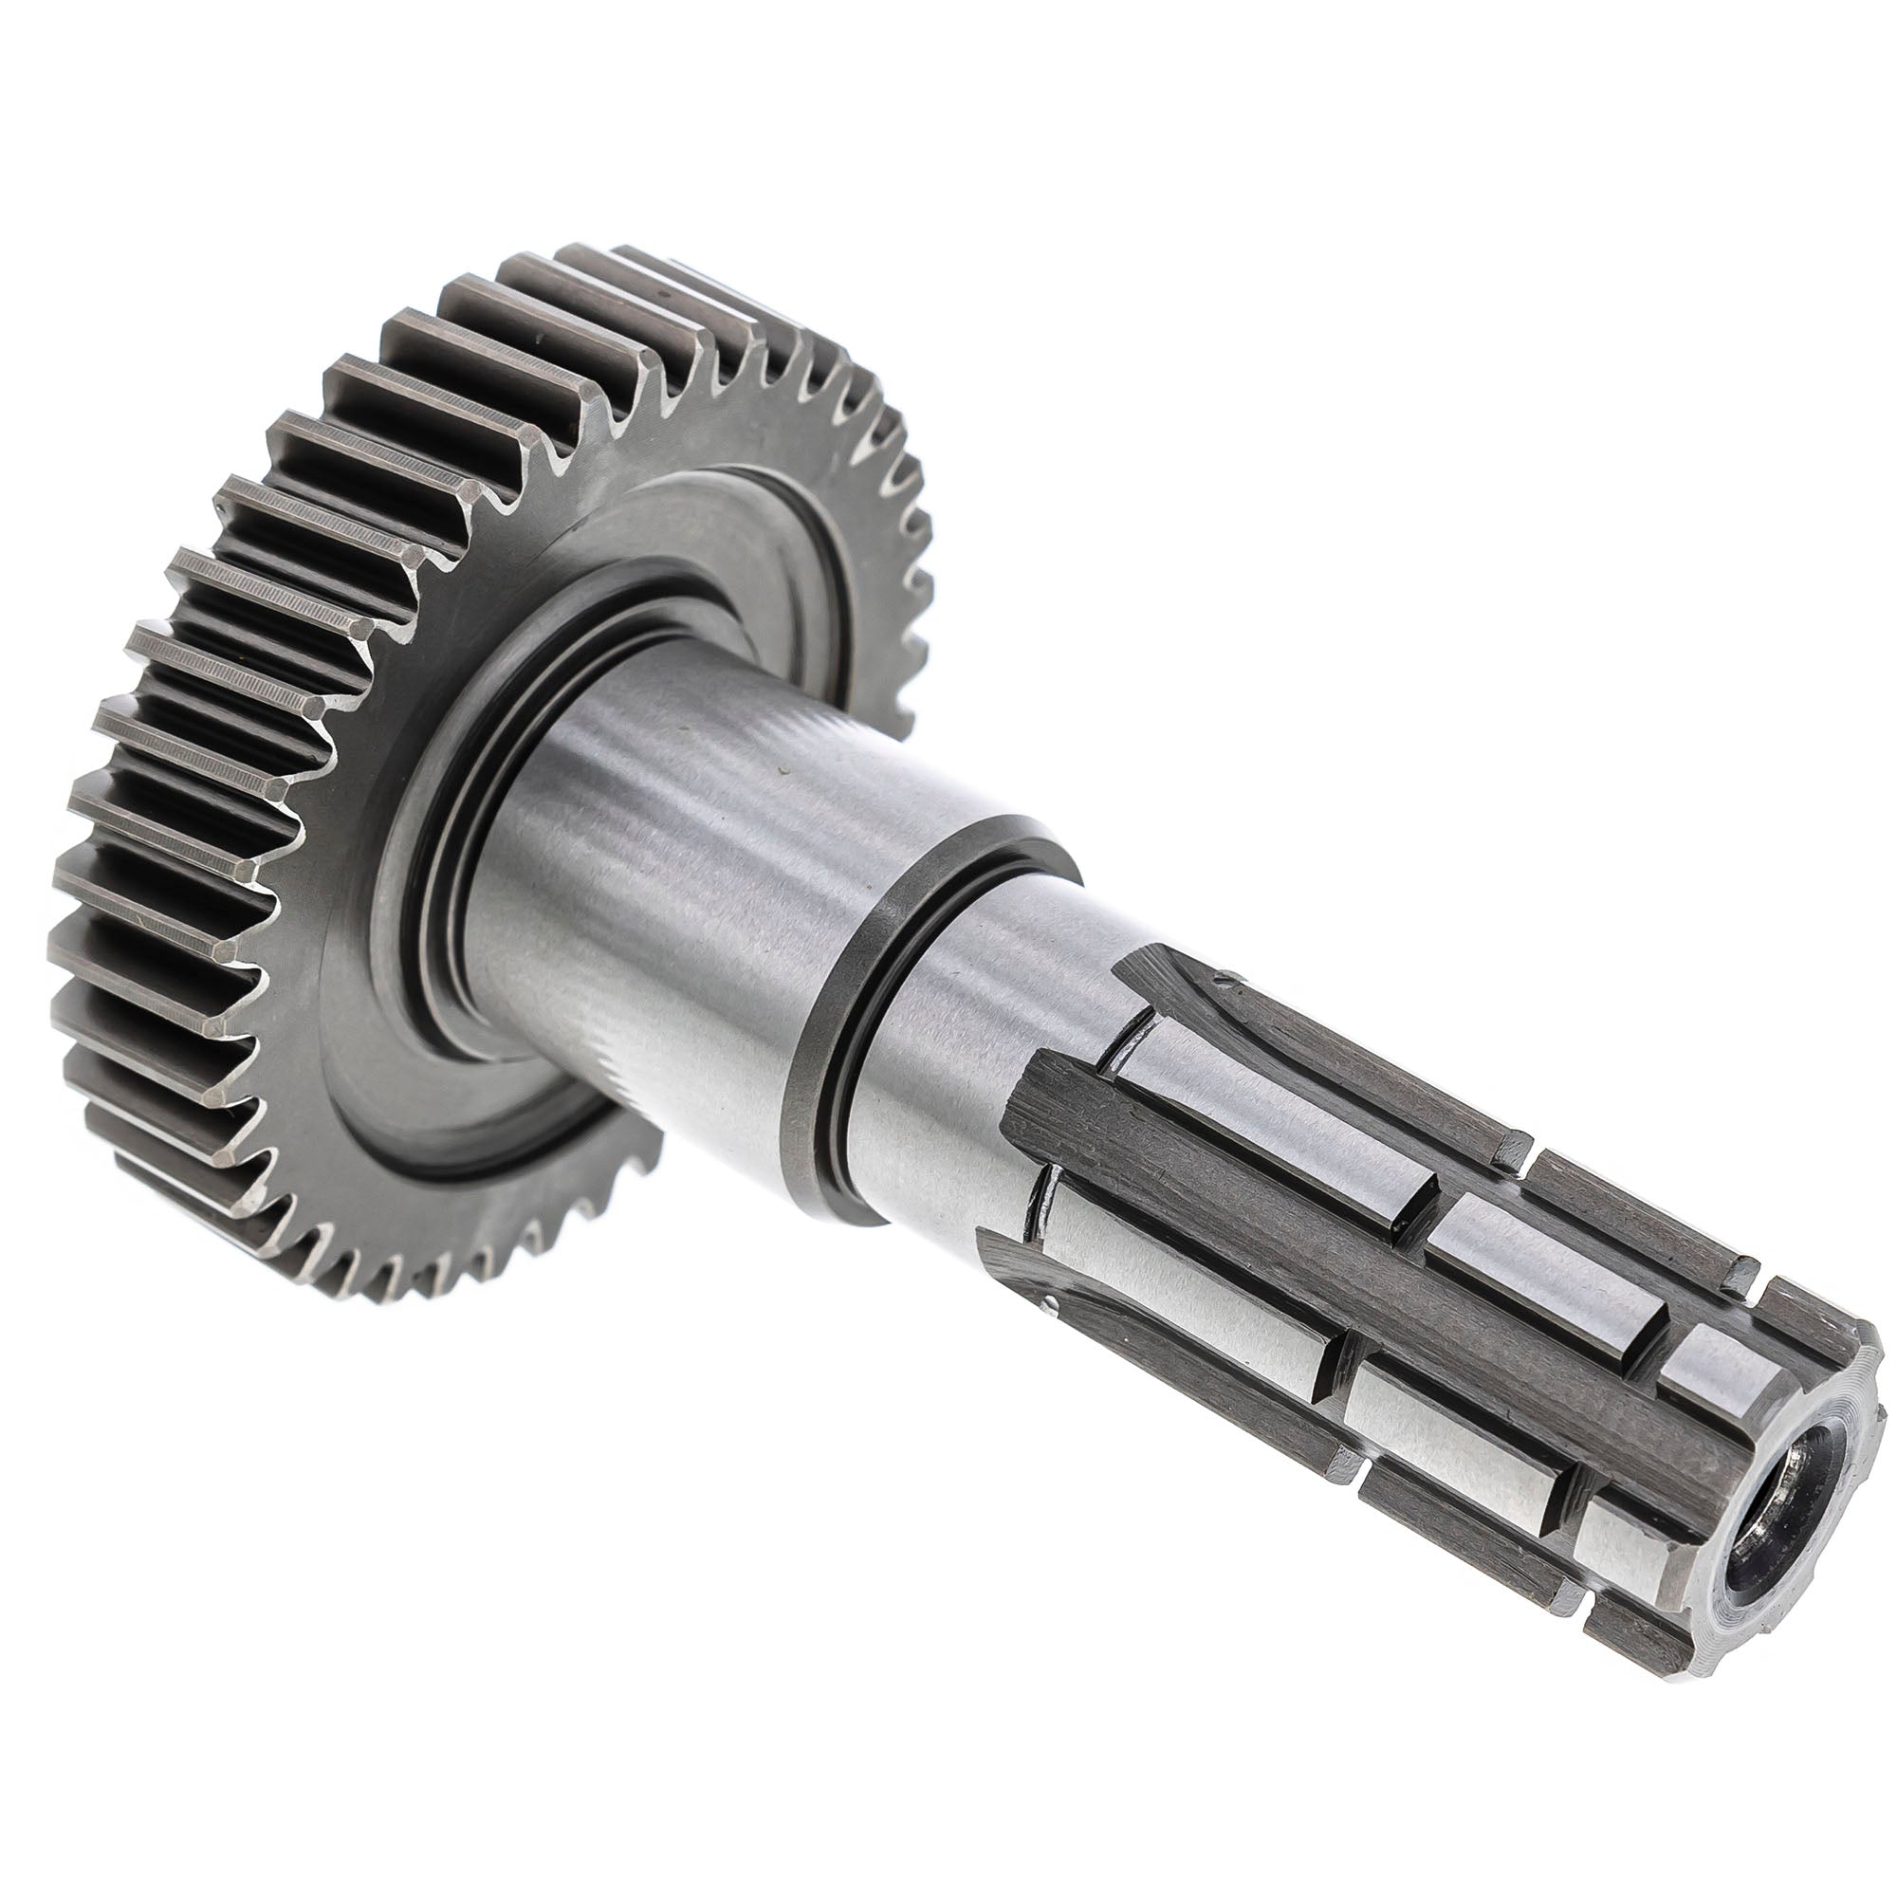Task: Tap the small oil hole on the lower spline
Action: coord(1049,1306)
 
